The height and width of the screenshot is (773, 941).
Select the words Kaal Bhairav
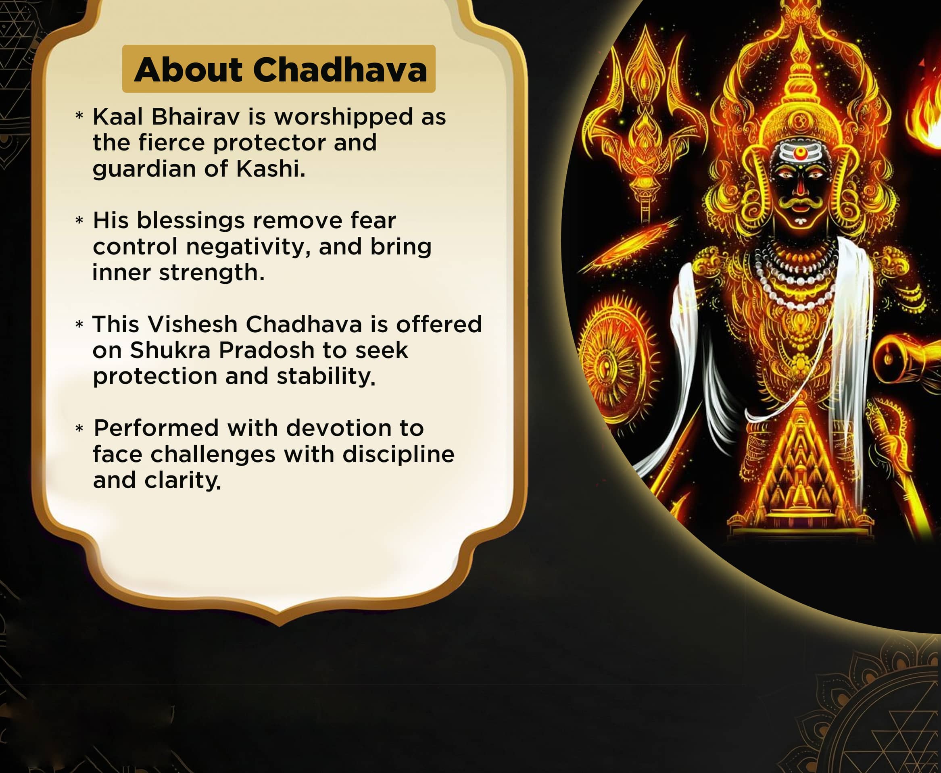pos(166,117)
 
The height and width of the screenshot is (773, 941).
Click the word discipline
pos(398,454)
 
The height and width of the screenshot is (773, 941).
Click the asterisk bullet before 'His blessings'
pos(79,221)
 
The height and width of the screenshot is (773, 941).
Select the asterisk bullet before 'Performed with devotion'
pos(79,428)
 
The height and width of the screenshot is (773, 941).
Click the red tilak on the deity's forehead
pos(800,153)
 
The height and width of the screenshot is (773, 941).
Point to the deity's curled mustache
pos(800,204)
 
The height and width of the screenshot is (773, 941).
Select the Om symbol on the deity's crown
pos(800,120)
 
